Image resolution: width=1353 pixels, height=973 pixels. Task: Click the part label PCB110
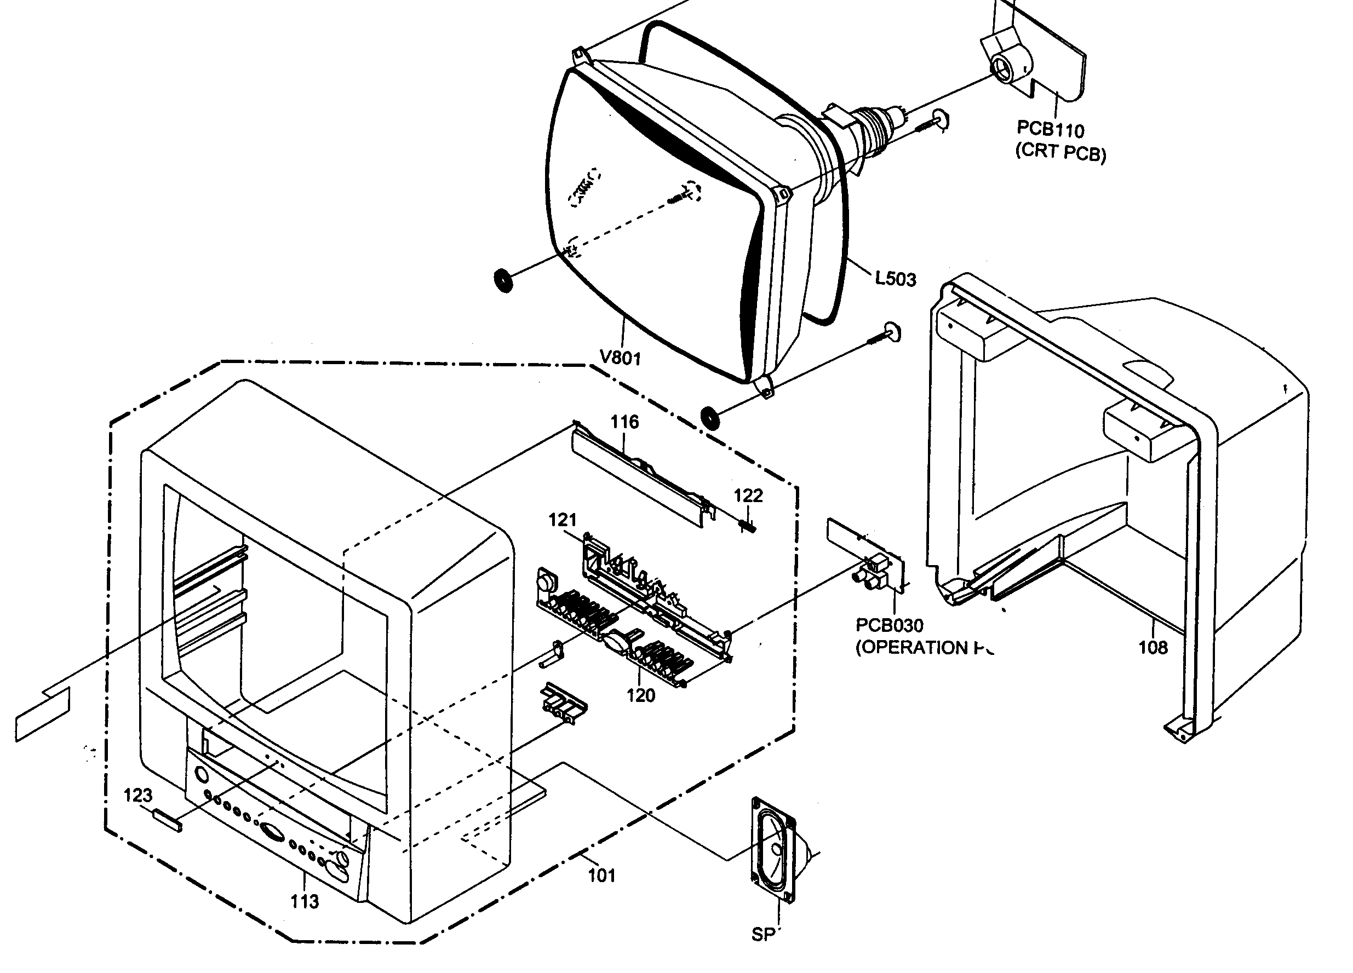pos(1050,129)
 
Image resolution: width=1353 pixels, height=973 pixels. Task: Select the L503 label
pos(895,278)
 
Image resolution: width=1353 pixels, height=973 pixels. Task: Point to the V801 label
pos(621,358)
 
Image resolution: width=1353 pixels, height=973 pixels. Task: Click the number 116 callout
pos(624,422)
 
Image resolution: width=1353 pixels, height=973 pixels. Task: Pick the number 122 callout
pos(748,496)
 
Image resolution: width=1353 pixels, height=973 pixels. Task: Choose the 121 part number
pos(563,520)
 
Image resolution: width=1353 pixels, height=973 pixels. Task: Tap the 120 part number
pos(641,695)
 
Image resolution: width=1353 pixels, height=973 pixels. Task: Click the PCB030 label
pos(889,625)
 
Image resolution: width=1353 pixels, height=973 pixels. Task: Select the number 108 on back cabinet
pos(1153,647)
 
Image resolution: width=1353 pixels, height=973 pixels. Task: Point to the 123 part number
pos(138,796)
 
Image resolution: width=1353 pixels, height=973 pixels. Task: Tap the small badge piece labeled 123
pos(168,820)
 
